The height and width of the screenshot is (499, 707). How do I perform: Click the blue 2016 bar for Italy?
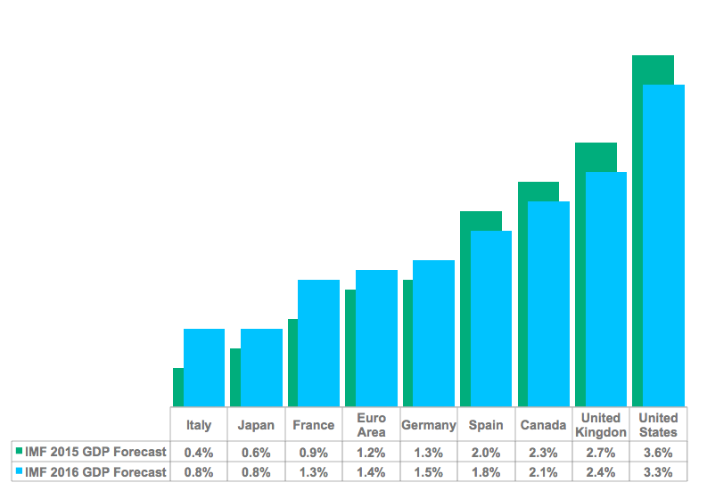pos(204,367)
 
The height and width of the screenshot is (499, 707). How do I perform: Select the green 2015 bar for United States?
pos(653,70)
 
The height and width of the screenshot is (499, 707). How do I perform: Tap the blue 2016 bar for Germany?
pos(434,333)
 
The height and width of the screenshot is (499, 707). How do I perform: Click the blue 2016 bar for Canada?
pos(548,303)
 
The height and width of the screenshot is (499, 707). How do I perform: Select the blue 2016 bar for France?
pos(319,343)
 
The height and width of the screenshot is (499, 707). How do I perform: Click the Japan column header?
pos(256,425)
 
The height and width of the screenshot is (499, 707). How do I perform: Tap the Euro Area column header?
pos(371,424)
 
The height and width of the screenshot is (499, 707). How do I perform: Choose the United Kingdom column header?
pos(601,424)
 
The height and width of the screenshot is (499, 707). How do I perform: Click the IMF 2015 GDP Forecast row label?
pos(95,452)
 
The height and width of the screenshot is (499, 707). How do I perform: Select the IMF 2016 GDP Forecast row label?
pos(95,472)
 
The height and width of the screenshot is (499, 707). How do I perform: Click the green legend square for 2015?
pos(19,452)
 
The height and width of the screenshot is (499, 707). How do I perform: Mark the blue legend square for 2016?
pos(19,472)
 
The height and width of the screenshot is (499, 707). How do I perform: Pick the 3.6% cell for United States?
pos(658,452)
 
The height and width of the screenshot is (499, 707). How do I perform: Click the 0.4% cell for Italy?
pos(199,452)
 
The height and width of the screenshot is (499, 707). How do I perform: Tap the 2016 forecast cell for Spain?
pos(486,472)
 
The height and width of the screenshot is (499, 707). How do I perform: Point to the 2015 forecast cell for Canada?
pos(543,452)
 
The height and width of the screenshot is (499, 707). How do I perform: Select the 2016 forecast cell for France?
pos(314,472)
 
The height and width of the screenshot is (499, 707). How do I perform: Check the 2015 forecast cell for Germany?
pos(429,452)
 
